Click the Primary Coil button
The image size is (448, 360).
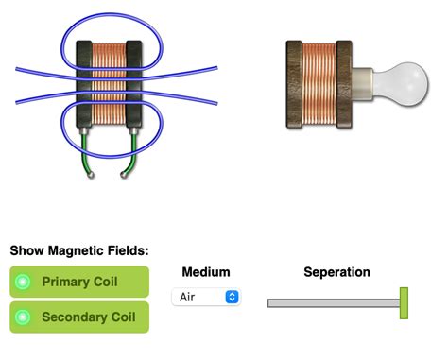pyautogui.click(x=79, y=282)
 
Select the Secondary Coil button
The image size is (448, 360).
pyautogui.click(x=79, y=317)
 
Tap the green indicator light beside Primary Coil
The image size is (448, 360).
pyautogui.click(x=25, y=282)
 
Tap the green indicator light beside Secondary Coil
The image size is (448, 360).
pyautogui.click(x=25, y=317)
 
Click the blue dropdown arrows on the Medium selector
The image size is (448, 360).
pyautogui.click(x=232, y=297)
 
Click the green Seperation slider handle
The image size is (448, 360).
pyautogui.click(x=404, y=303)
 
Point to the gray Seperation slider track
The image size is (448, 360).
pyautogui.click(x=331, y=303)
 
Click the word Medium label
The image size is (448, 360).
pyautogui.click(x=205, y=272)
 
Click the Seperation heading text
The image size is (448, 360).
pyautogui.click(x=336, y=272)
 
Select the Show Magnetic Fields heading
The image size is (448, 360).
pyautogui.click(x=79, y=250)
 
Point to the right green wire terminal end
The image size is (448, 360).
pyautogui.click(x=125, y=176)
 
